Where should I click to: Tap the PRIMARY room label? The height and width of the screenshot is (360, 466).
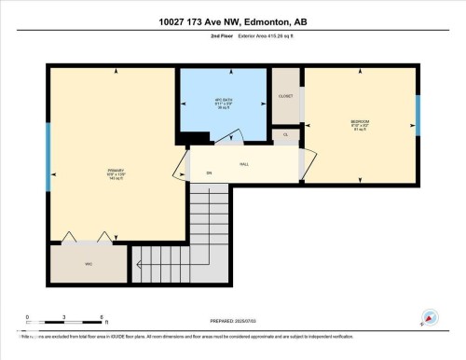coord(116,173)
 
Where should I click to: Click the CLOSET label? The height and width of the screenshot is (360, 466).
coord(286,97)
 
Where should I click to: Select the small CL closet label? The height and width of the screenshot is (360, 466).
coord(286,134)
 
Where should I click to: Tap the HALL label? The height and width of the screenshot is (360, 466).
coord(244,164)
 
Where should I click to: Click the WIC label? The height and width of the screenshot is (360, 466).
coord(89,264)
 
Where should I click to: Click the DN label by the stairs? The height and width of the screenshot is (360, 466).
coord(209,174)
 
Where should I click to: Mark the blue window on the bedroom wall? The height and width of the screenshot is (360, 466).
coord(418,115)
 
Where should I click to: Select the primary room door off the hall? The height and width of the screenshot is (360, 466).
coord(181,168)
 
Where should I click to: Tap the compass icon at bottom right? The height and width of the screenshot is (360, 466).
coord(428,317)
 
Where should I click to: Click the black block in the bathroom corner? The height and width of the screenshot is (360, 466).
coord(194,139)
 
